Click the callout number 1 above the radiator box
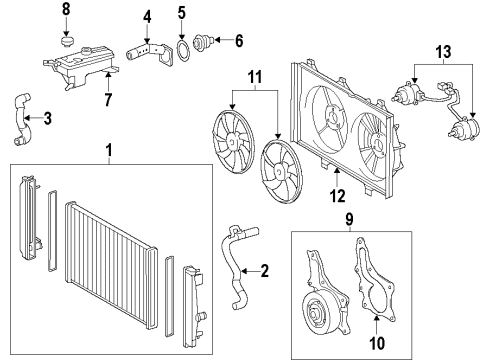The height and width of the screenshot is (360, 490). [x=109, y=151]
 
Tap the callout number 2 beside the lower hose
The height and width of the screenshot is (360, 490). [x=265, y=269]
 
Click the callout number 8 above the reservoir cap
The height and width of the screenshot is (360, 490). [x=67, y=9]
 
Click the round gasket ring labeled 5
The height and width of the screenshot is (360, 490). [x=182, y=46]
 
